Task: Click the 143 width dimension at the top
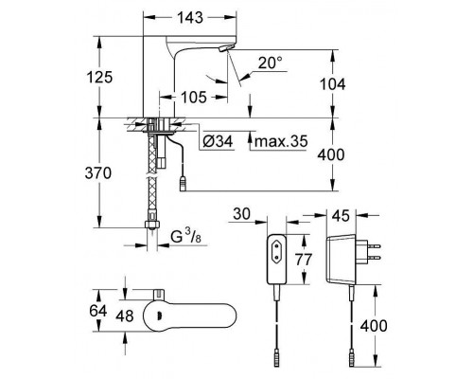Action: (x=181, y=19)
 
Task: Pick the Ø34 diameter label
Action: (x=219, y=143)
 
